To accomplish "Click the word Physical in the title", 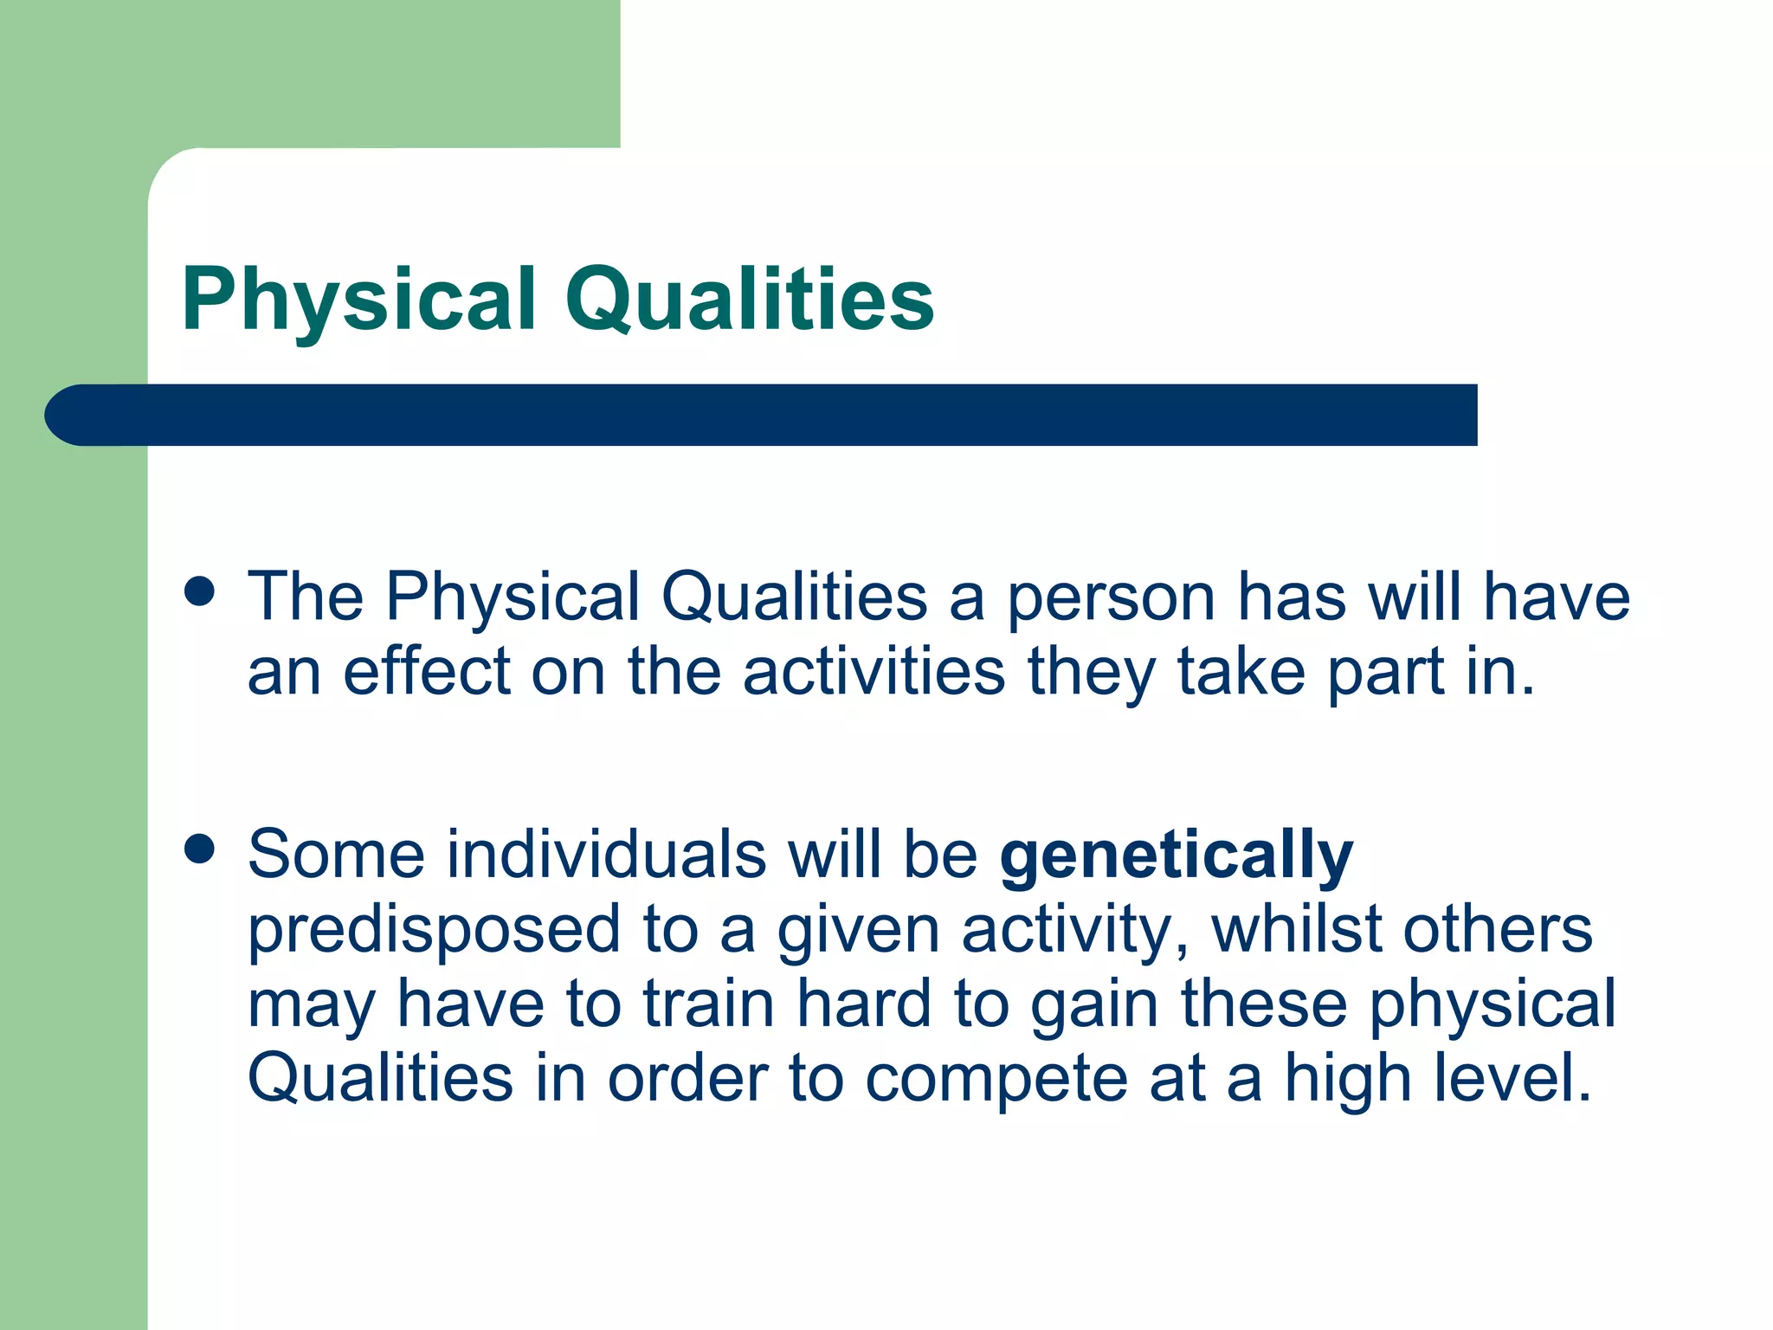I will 359,300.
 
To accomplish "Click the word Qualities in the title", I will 750,300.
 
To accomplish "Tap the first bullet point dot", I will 199,592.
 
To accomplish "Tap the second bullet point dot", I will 199,849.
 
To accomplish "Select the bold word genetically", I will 1176,855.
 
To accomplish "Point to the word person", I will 1112,597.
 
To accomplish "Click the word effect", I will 427,672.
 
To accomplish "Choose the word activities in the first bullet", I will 874,672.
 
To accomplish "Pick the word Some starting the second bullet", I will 336,855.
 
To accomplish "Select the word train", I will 708,1004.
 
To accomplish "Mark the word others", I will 1497,929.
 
